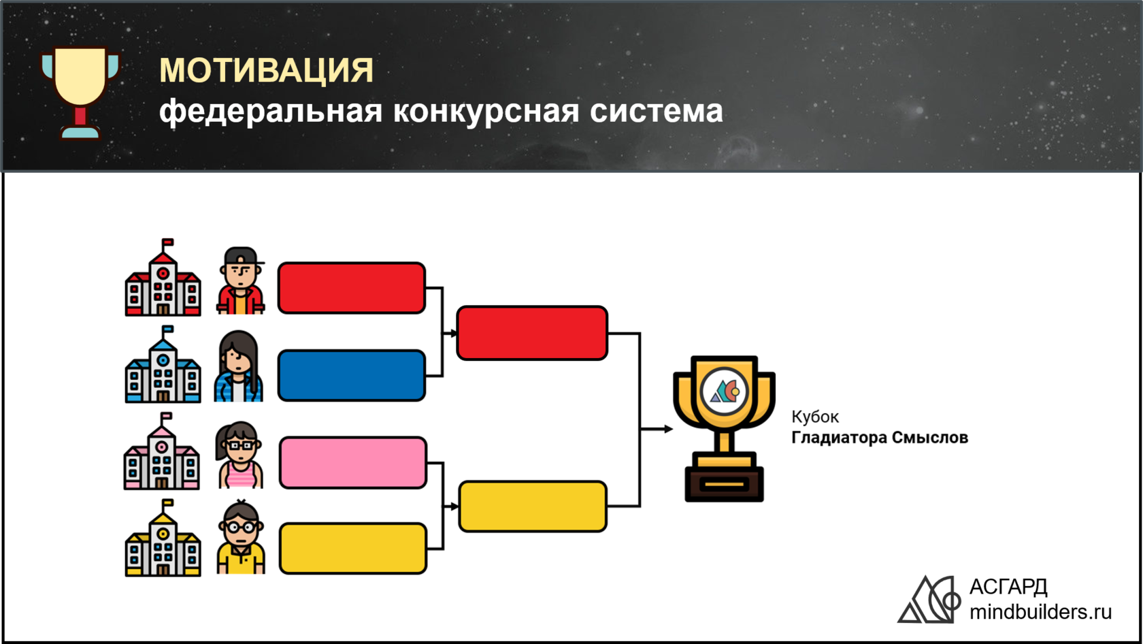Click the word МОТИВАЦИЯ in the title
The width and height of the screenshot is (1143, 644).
[267, 70]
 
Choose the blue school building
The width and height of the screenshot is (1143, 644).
[163, 364]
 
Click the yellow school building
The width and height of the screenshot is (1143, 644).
[163, 538]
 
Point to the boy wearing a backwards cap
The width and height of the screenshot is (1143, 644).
[240, 280]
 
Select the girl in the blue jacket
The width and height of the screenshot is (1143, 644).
[238, 366]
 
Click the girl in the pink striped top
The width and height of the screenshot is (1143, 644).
[239, 455]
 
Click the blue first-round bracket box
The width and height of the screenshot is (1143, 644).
[352, 375]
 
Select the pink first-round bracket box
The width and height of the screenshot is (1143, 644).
[353, 463]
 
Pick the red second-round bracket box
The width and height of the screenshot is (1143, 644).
[532, 333]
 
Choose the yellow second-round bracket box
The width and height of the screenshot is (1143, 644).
[533, 506]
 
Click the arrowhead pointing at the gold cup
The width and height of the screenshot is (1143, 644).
[668, 429]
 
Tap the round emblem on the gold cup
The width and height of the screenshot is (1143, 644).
[724, 391]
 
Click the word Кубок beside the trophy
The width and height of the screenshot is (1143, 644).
[815, 417]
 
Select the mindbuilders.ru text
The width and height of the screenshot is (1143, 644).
[1040, 612]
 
